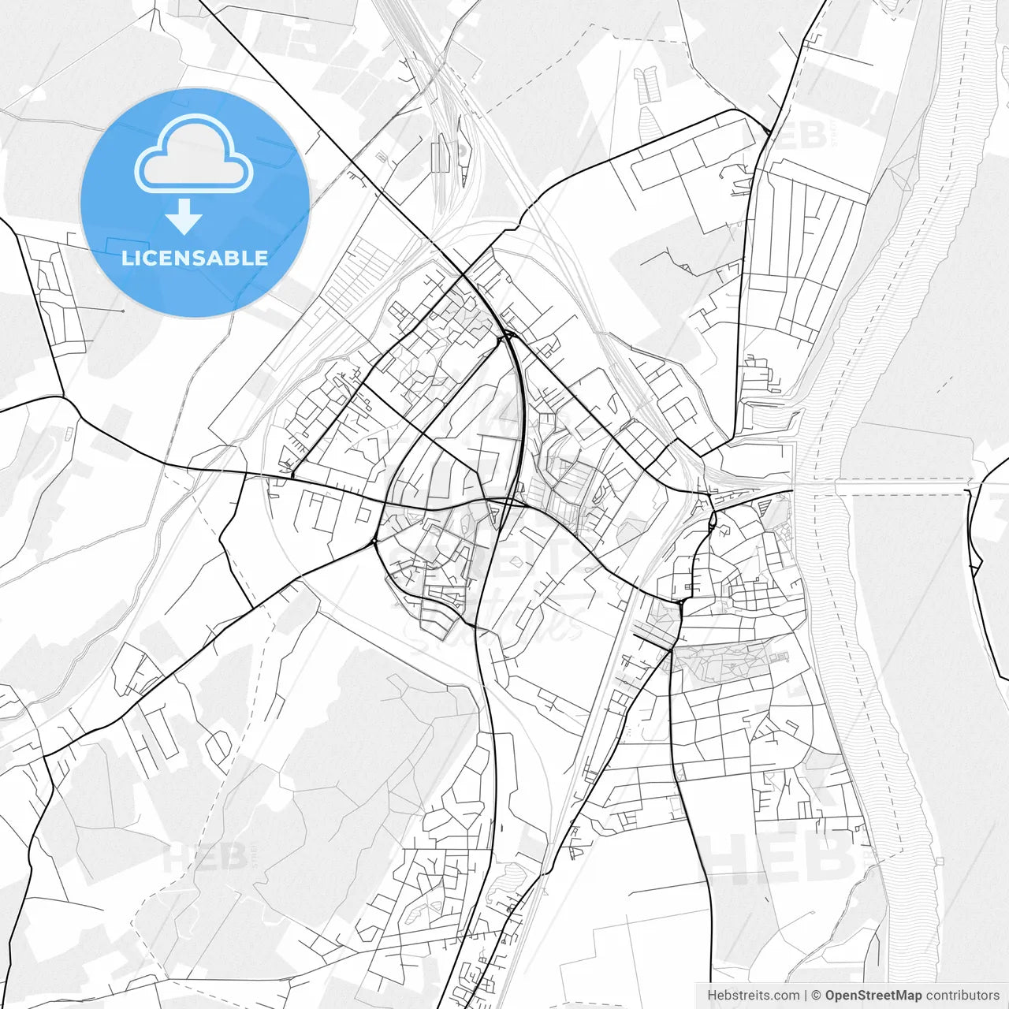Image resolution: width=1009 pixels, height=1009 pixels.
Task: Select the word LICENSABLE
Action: click(195, 258)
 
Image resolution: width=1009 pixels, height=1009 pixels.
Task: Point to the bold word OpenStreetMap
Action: click(873, 996)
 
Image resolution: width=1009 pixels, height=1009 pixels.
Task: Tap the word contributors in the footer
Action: click(962, 996)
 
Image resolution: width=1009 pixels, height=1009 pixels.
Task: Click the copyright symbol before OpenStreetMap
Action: click(817, 996)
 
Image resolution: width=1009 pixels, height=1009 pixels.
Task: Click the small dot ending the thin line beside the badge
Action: click(123, 311)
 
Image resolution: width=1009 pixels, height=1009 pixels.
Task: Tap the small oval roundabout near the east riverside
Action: click(713, 519)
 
